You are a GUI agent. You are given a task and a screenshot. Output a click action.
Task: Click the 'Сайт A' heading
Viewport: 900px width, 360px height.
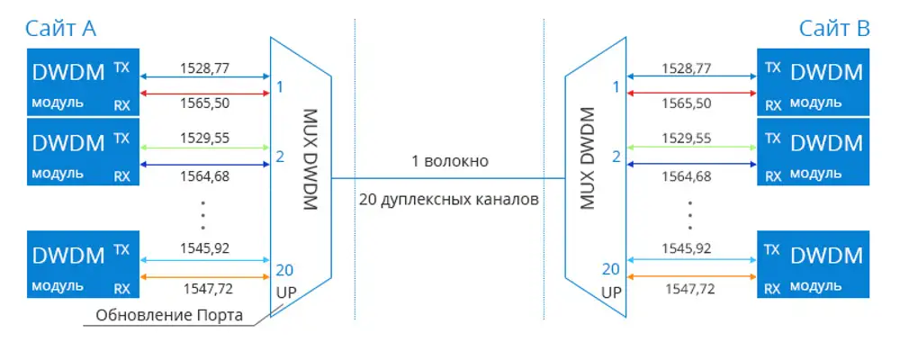click(x=60, y=29)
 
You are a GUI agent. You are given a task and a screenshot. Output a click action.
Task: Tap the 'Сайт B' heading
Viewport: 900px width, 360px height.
click(x=835, y=29)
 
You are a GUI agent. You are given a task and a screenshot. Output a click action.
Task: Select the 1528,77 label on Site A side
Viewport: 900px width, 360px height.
click(x=204, y=67)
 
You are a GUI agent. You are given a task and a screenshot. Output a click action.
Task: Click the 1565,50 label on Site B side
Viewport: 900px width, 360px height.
click(x=687, y=103)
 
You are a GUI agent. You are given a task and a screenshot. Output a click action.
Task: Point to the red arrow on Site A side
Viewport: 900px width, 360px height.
click(x=205, y=93)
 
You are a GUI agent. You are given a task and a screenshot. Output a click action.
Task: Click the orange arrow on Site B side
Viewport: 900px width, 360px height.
click(x=691, y=276)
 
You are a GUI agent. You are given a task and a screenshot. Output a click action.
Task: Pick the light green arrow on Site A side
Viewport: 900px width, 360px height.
click(x=205, y=148)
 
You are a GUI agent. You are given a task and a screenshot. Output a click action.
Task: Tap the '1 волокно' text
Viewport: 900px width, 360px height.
click(x=450, y=161)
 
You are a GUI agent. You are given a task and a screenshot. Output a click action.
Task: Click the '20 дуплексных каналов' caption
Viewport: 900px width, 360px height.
click(x=449, y=201)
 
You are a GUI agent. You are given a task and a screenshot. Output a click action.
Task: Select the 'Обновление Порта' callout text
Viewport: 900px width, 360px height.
click(x=169, y=315)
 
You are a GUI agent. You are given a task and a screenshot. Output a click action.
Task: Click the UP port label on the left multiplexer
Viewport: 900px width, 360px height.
click(x=286, y=292)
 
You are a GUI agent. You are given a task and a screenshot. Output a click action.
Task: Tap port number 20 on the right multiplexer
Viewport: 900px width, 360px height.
click(x=611, y=269)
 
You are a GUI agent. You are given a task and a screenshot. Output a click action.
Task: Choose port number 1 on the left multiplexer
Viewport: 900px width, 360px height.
click(x=280, y=87)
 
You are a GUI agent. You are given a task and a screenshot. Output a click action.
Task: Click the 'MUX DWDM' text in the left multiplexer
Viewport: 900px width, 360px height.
click(x=309, y=159)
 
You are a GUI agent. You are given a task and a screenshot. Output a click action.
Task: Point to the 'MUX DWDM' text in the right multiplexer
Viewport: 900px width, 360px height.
click(x=587, y=158)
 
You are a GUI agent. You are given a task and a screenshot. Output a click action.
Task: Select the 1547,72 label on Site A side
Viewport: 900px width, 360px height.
click(x=209, y=289)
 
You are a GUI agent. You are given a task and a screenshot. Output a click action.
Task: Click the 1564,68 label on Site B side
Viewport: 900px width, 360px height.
click(x=687, y=176)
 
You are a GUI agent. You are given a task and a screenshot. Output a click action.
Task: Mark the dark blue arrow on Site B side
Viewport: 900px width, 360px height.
click(x=691, y=164)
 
